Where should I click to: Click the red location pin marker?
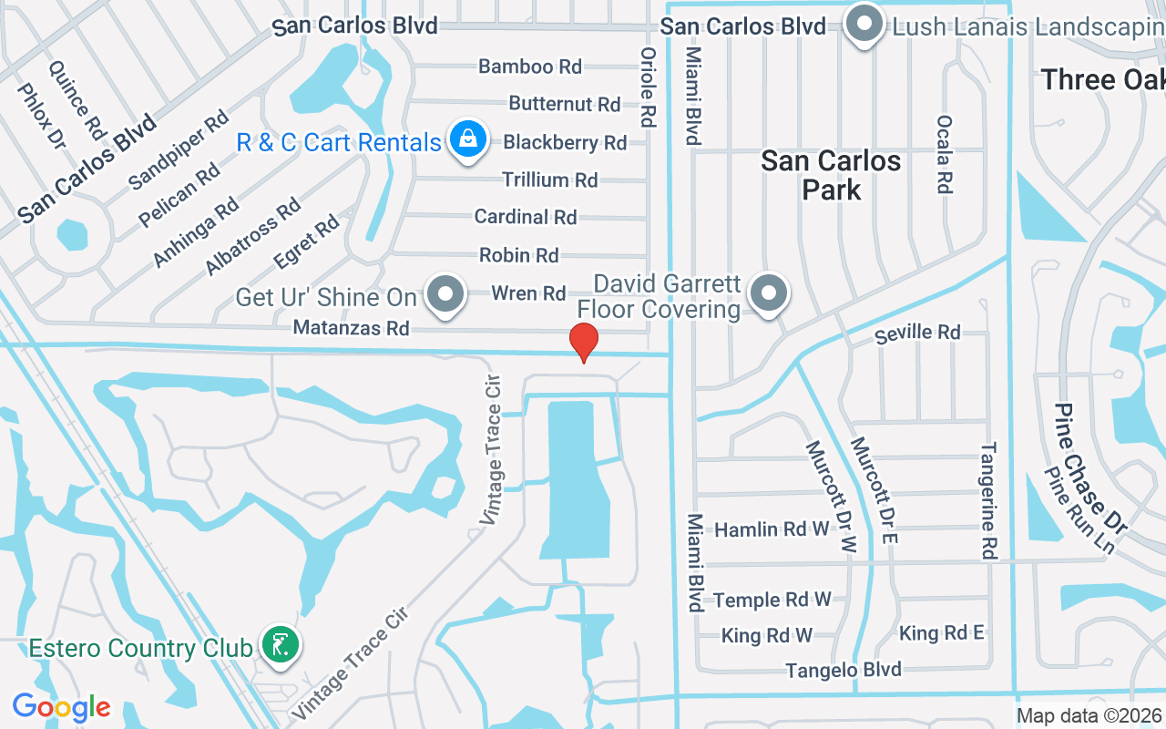click(583, 342)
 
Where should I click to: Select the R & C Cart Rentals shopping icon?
click(467, 141)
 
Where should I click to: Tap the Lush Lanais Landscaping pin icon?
click(864, 25)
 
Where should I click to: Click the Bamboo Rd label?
click(530, 67)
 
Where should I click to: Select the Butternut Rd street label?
click(565, 104)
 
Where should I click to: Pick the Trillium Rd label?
click(550, 180)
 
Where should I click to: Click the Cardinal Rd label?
click(526, 217)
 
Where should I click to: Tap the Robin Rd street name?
click(519, 255)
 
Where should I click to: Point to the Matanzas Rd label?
click(351, 327)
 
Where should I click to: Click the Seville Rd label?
click(917, 333)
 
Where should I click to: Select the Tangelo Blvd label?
click(844, 670)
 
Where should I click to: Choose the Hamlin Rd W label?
click(772, 529)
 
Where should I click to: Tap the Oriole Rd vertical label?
click(649, 87)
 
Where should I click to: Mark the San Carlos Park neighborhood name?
click(831, 175)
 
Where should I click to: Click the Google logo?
click(61, 707)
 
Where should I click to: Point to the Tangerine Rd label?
click(988, 501)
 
